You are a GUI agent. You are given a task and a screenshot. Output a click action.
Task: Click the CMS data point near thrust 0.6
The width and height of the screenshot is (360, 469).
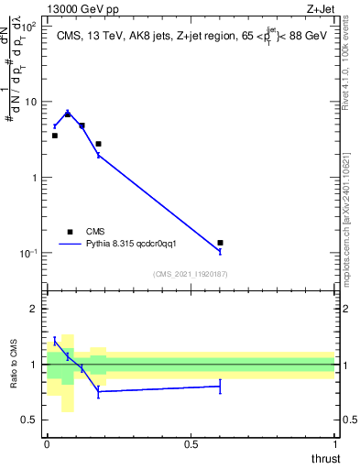click(220, 243)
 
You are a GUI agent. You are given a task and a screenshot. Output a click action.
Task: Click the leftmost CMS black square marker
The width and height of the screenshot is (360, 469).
click(54, 136)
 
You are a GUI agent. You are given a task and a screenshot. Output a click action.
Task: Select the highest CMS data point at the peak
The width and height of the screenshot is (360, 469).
click(68, 115)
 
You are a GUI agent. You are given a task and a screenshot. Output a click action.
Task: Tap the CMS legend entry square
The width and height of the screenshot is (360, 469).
click(69, 232)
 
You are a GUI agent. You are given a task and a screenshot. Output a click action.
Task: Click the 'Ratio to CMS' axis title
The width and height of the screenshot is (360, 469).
click(15, 365)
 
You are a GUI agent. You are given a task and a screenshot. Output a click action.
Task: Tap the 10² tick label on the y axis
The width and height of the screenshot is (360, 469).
click(27, 27)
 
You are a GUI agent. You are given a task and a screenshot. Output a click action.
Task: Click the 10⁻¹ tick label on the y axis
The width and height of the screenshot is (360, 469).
click(27, 254)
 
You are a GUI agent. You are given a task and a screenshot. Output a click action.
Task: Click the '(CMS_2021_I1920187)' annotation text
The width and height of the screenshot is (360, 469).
click(191, 274)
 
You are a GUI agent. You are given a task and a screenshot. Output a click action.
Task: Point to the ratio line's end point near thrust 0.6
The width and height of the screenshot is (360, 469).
click(220, 387)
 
